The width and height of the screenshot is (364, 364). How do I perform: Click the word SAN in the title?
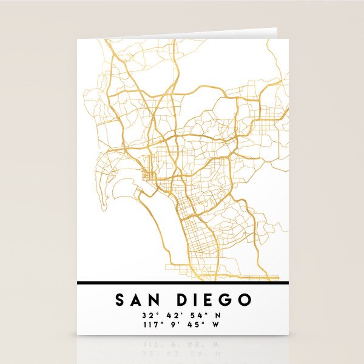[136, 300]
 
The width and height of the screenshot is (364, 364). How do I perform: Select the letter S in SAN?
[120, 300]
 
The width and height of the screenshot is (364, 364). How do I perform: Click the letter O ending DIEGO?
[244, 300]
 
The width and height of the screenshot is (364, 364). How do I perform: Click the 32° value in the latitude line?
[149, 315]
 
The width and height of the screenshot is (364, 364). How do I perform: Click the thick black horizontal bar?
[182, 282]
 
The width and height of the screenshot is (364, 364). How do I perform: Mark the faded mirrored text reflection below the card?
[182, 346]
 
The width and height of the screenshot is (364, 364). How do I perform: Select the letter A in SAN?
[136, 300]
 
